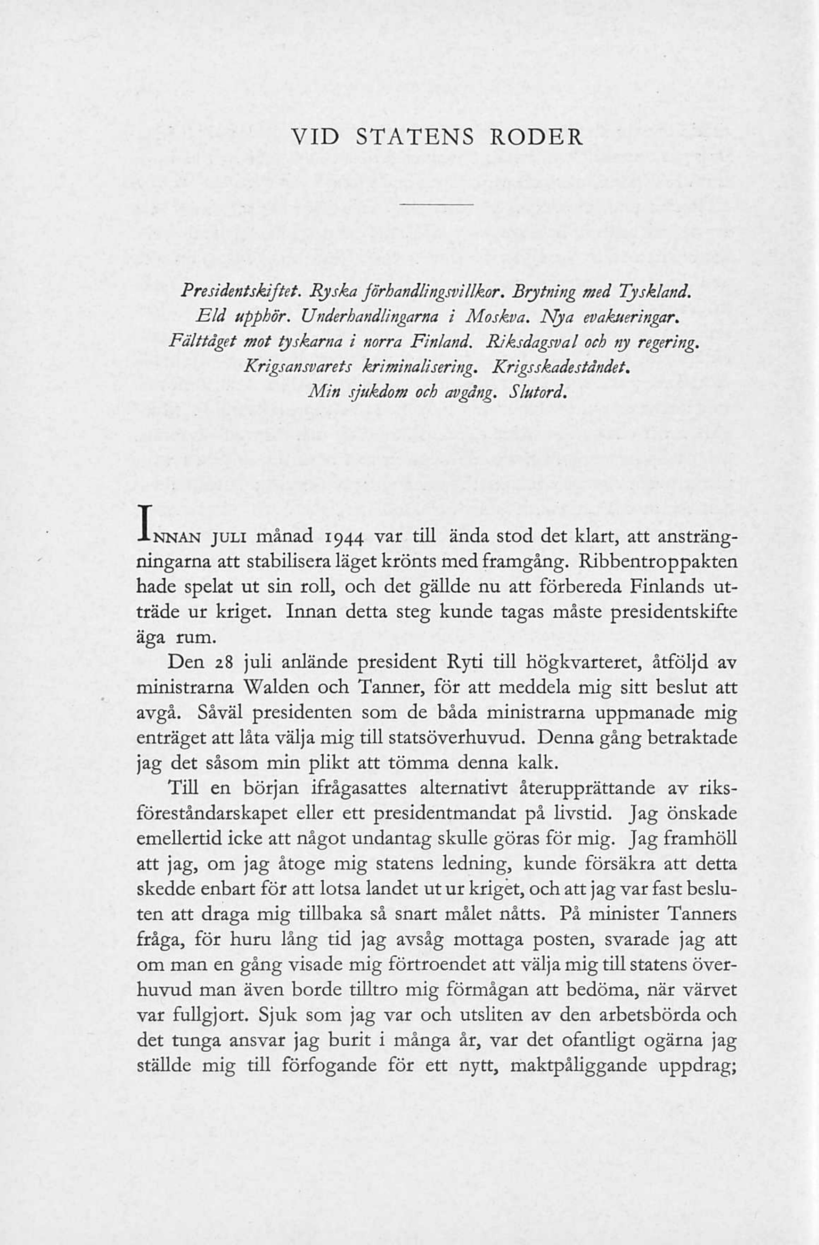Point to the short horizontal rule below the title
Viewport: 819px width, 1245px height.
tap(437, 204)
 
